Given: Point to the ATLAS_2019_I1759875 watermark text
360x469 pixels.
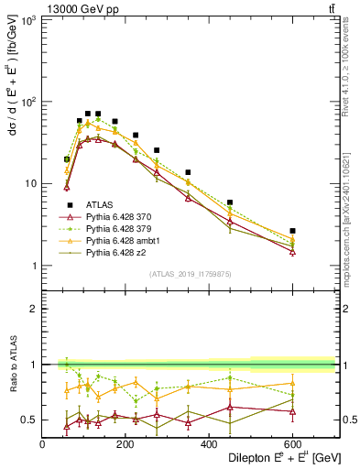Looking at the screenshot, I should tap(191, 273).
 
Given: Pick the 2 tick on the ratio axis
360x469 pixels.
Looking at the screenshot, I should tap(35, 309).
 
